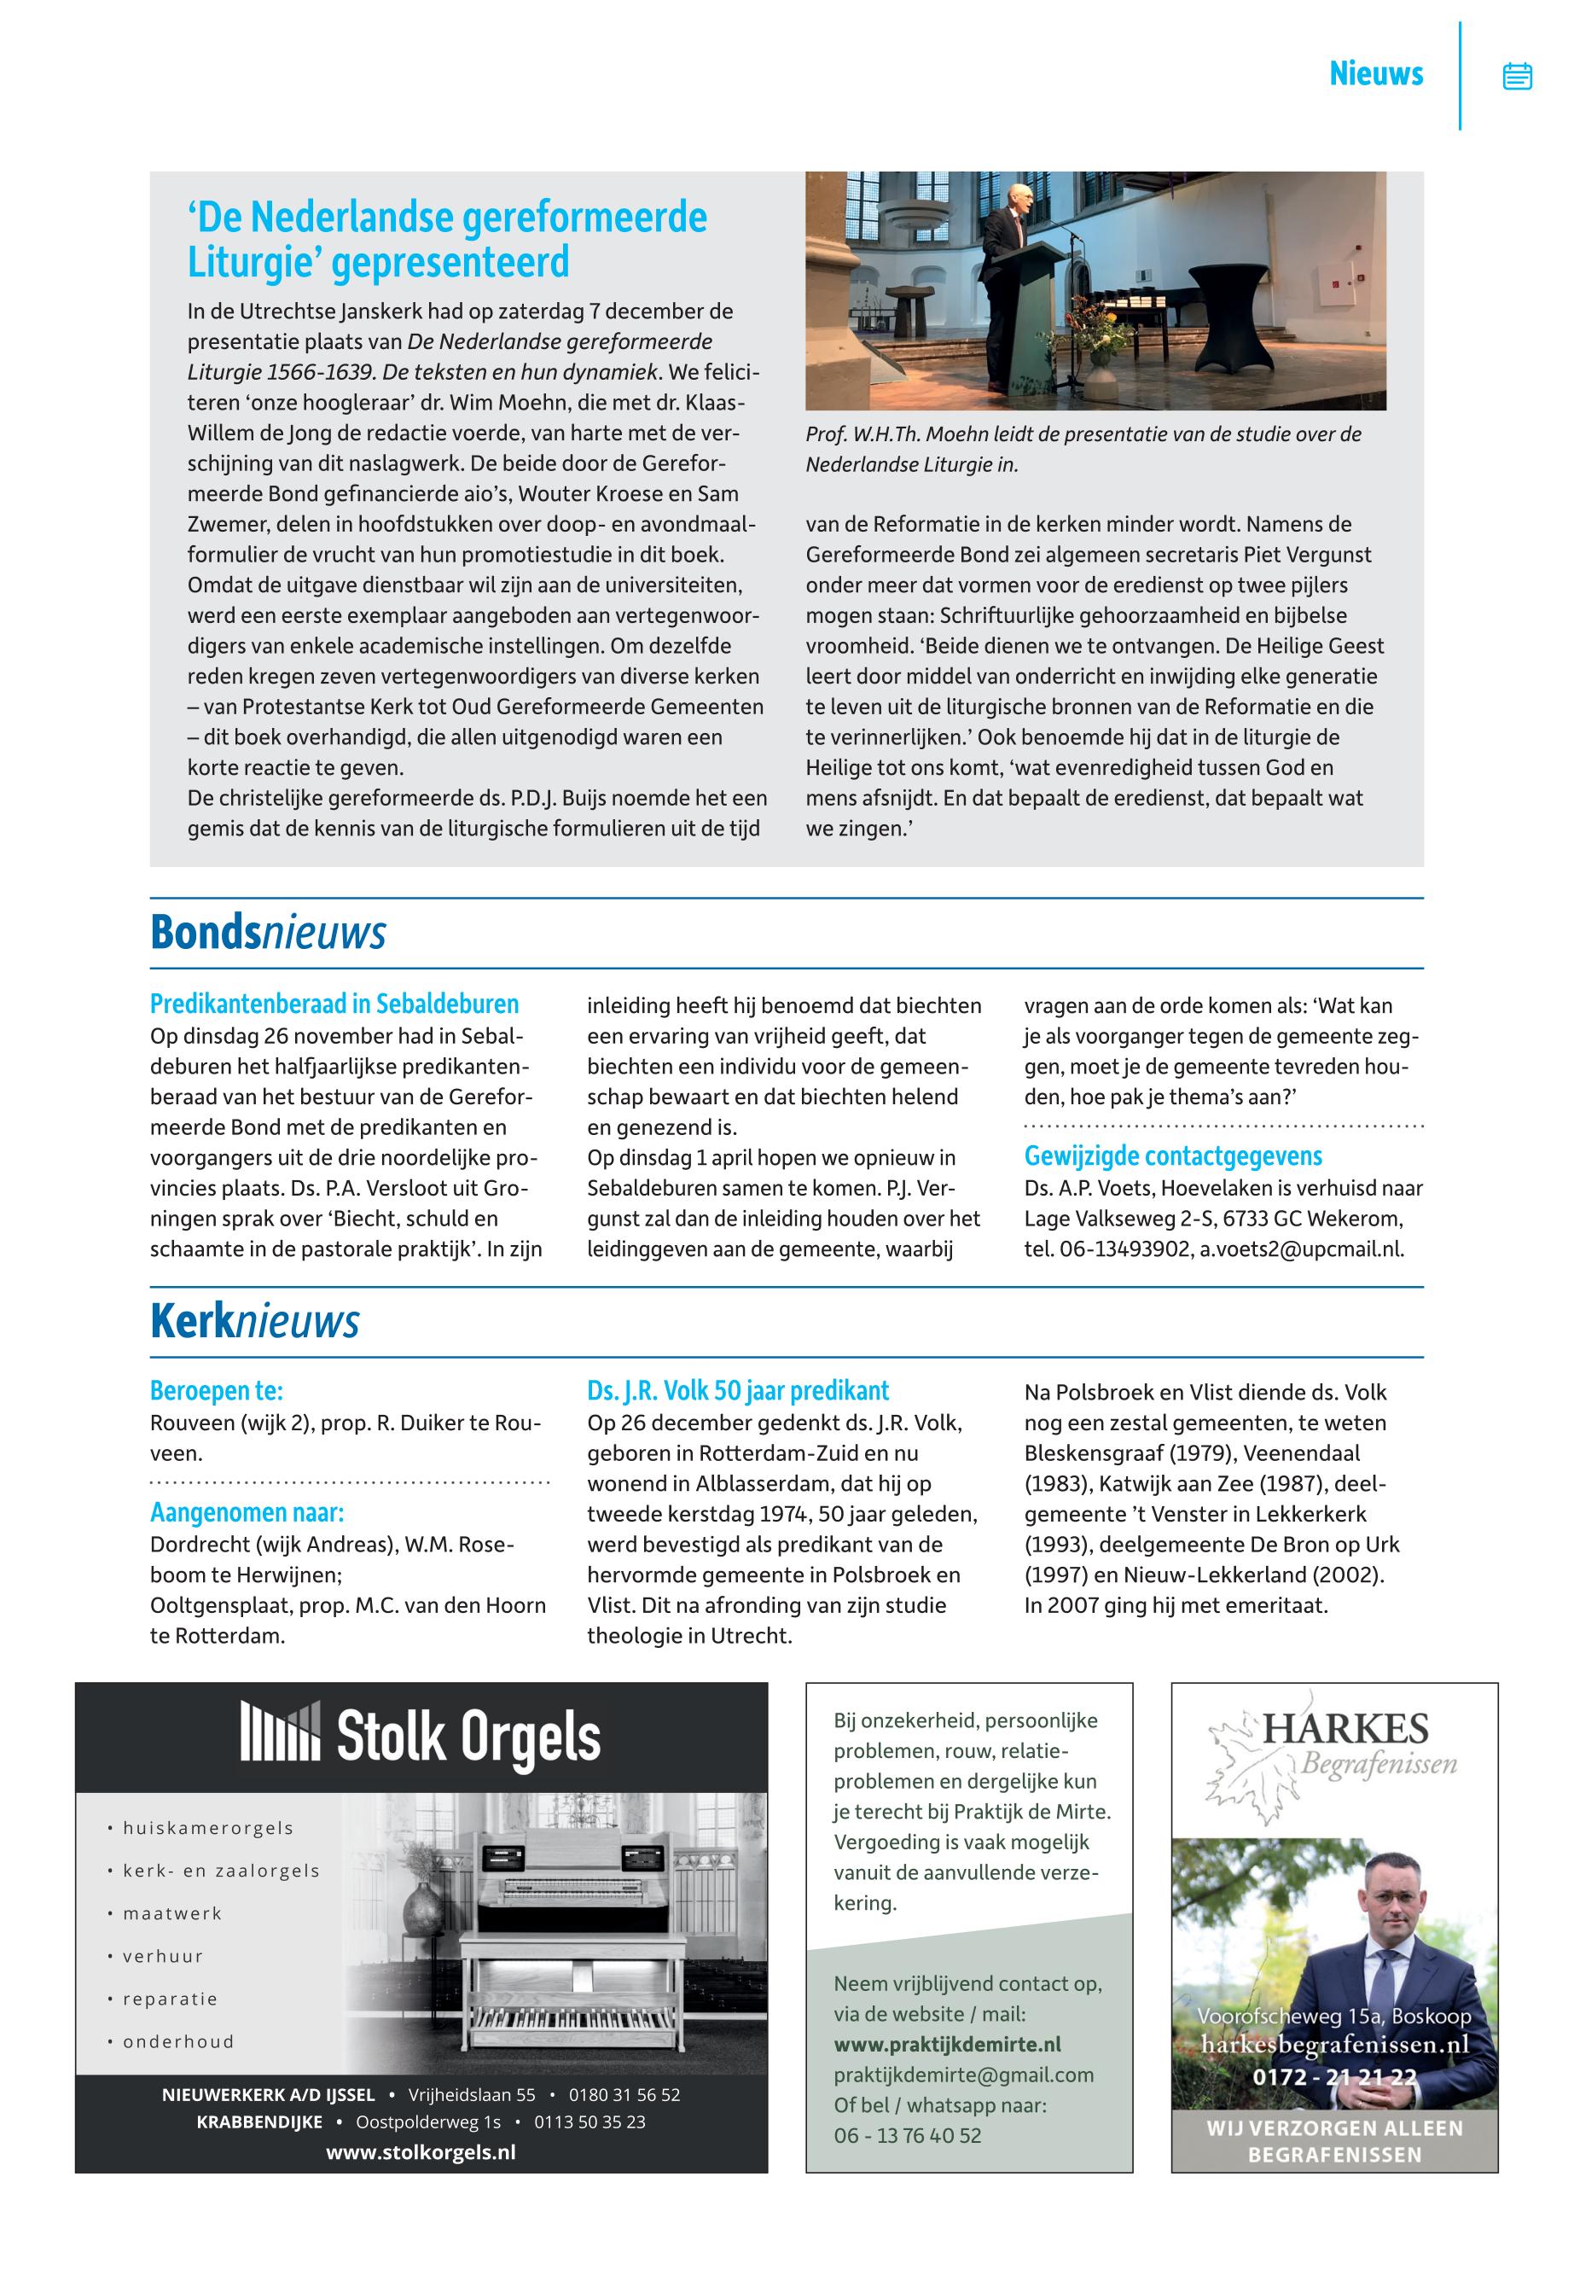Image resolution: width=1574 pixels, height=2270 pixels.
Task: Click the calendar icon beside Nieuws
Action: (x=1517, y=76)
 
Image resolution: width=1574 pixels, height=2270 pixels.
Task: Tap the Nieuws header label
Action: (x=1376, y=74)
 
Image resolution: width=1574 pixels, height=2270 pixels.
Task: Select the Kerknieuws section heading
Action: (x=254, y=1322)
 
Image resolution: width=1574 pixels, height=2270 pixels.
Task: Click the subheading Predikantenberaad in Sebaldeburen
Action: (x=334, y=1004)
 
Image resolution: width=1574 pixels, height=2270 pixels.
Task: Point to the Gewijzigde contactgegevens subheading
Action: (x=1173, y=1156)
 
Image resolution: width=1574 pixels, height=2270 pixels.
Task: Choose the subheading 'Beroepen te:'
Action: (x=216, y=1391)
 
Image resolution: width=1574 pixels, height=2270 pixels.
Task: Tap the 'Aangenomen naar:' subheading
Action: (x=247, y=1512)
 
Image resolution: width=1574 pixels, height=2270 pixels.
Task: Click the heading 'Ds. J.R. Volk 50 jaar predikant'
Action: (x=738, y=1391)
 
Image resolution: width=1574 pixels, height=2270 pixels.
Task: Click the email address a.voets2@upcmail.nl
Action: (x=1301, y=1249)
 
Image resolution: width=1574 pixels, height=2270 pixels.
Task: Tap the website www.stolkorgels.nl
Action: (x=421, y=2151)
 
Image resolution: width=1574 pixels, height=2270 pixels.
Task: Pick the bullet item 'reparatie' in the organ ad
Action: (x=170, y=1999)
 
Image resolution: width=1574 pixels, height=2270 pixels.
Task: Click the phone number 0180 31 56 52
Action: (x=624, y=2094)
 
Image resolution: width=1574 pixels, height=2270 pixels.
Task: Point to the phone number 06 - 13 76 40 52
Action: (x=908, y=2135)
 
